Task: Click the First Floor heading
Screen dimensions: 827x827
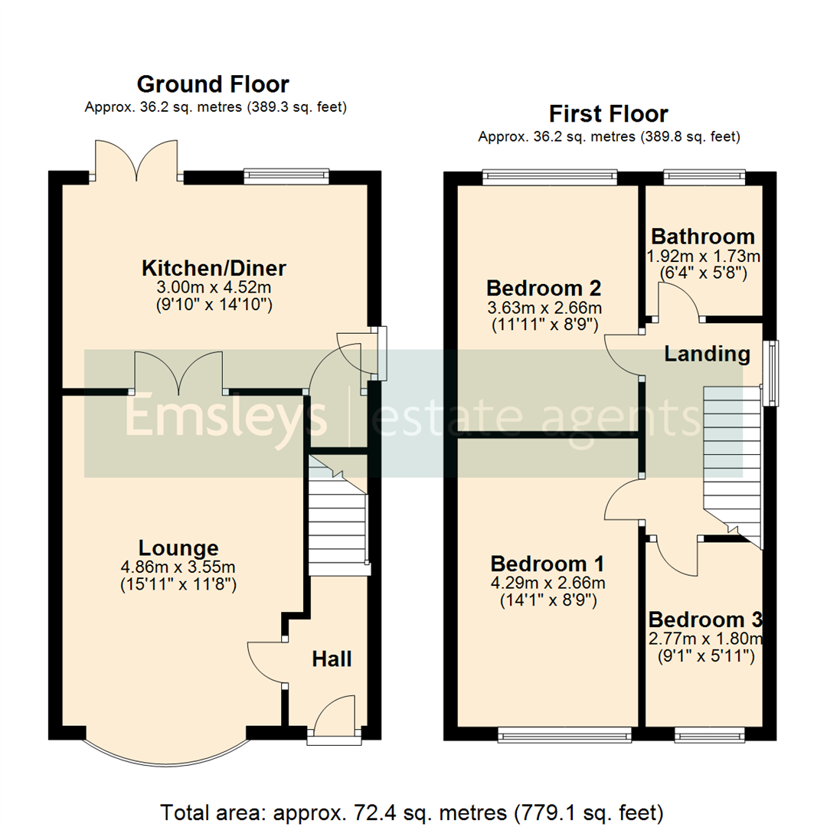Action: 608,114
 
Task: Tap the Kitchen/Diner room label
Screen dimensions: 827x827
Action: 214,269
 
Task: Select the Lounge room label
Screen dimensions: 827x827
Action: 178,548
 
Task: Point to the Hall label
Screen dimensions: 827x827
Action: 332,659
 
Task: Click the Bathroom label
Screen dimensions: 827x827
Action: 702,237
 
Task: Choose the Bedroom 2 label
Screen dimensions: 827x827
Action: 544,289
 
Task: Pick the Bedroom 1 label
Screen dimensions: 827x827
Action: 547,564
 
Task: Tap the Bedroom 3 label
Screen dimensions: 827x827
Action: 704,619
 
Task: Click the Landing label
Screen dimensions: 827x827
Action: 706,354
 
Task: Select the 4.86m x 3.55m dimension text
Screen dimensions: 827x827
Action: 178,567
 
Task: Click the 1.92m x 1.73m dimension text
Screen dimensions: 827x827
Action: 704,255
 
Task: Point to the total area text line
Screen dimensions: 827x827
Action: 412,811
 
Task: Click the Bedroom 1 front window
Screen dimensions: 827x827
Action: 564,736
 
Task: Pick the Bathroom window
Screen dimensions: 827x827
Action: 704,177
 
